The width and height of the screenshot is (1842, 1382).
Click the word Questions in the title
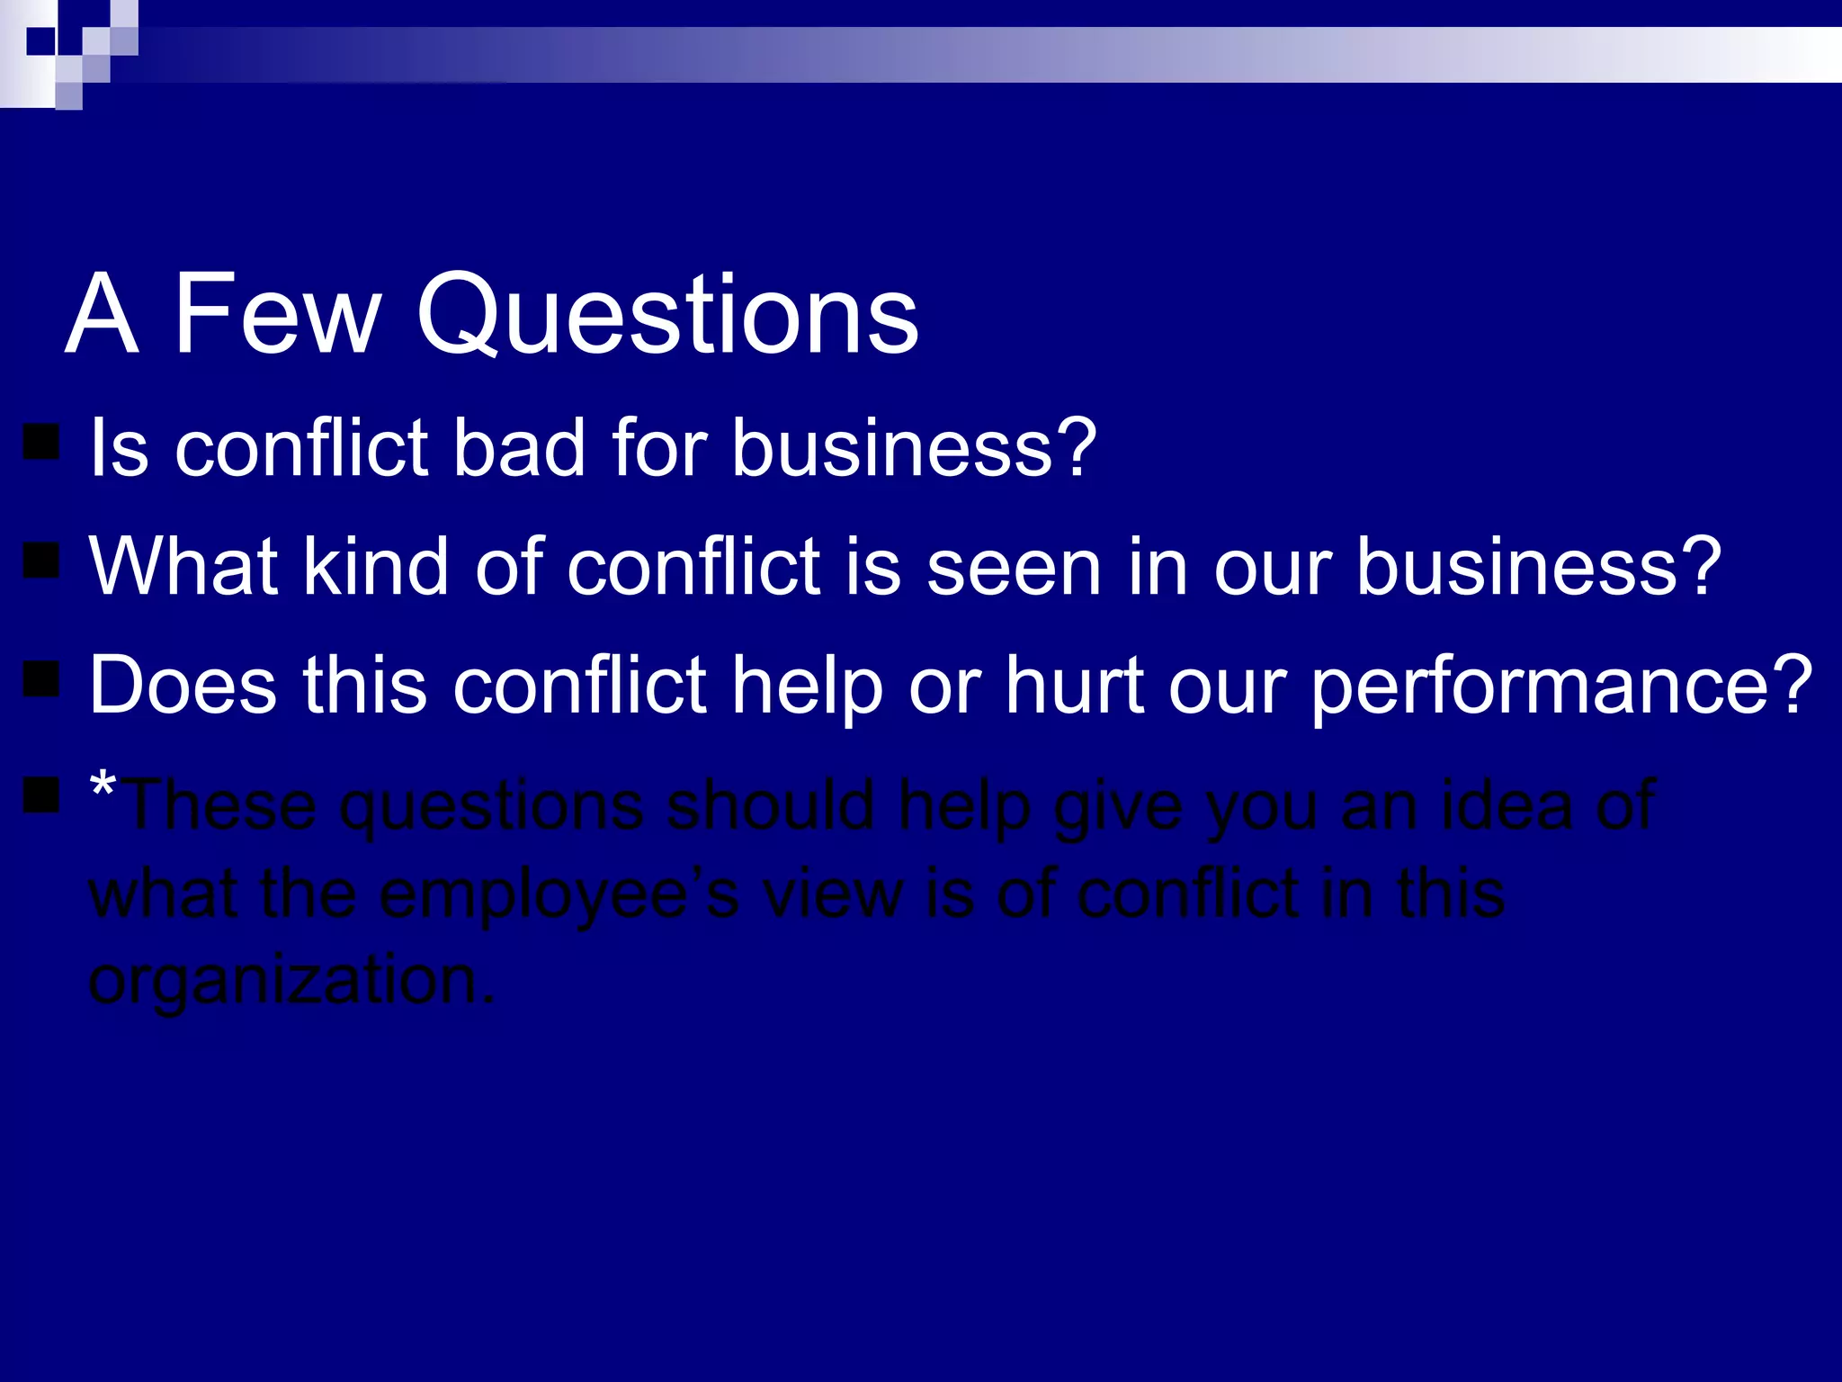[666, 314]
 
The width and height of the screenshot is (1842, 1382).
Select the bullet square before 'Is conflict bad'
[41, 443]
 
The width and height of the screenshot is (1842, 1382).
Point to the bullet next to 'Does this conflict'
[41, 679]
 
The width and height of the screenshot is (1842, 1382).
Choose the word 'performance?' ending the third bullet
[1560, 687]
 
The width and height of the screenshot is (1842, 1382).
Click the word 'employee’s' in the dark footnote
[559, 895]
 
